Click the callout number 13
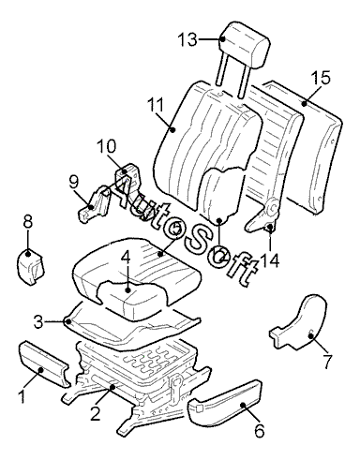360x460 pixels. (188, 40)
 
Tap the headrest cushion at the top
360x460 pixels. (245, 44)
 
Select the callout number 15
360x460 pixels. (321, 78)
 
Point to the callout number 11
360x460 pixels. (156, 105)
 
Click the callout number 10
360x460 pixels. (106, 146)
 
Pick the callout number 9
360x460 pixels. (74, 183)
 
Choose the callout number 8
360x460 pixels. (28, 222)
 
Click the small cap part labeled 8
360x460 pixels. (30, 267)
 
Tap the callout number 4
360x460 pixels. (126, 258)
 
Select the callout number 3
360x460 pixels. (38, 322)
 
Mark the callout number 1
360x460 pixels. (22, 396)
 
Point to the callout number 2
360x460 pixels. (96, 413)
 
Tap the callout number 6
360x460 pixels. (260, 431)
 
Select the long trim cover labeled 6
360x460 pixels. (224, 403)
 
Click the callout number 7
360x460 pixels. (327, 362)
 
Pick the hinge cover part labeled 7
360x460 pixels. (299, 322)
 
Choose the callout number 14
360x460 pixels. (269, 260)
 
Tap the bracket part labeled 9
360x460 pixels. (94, 204)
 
